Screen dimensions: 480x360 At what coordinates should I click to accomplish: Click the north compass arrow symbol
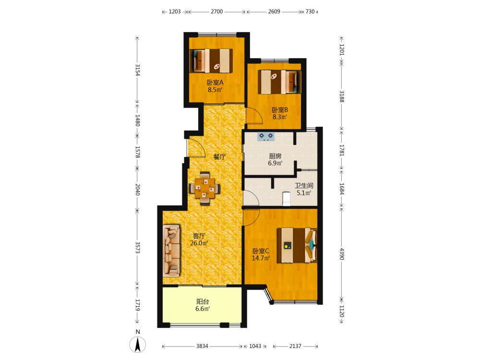(138, 345)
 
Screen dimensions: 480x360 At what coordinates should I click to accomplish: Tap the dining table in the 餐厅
(204, 188)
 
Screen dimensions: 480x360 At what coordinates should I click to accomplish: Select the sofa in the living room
(171, 251)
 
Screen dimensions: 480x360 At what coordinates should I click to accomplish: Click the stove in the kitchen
(266, 136)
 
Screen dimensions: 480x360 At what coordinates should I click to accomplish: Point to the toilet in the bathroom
(286, 199)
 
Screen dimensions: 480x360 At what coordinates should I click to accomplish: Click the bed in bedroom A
(211, 60)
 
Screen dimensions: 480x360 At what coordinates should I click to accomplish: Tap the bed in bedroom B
(279, 82)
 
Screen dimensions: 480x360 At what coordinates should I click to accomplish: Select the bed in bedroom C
(297, 245)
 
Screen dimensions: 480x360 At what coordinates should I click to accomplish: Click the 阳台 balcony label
(203, 301)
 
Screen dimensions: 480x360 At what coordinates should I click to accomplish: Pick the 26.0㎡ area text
(199, 243)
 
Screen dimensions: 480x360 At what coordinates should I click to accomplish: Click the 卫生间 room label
(304, 185)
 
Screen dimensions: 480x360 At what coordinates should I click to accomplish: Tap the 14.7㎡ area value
(261, 258)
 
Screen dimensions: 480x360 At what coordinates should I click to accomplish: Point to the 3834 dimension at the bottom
(202, 346)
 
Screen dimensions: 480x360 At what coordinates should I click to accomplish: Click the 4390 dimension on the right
(342, 254)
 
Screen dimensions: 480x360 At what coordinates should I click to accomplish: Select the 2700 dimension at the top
(217, 12)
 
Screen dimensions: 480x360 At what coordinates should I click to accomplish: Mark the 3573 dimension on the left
(137, 247)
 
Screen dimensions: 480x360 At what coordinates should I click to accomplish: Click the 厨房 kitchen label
(275, 156)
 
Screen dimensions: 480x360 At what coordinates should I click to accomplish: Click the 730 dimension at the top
(310, 12)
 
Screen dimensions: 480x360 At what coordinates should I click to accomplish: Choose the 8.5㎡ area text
(215, 90)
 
